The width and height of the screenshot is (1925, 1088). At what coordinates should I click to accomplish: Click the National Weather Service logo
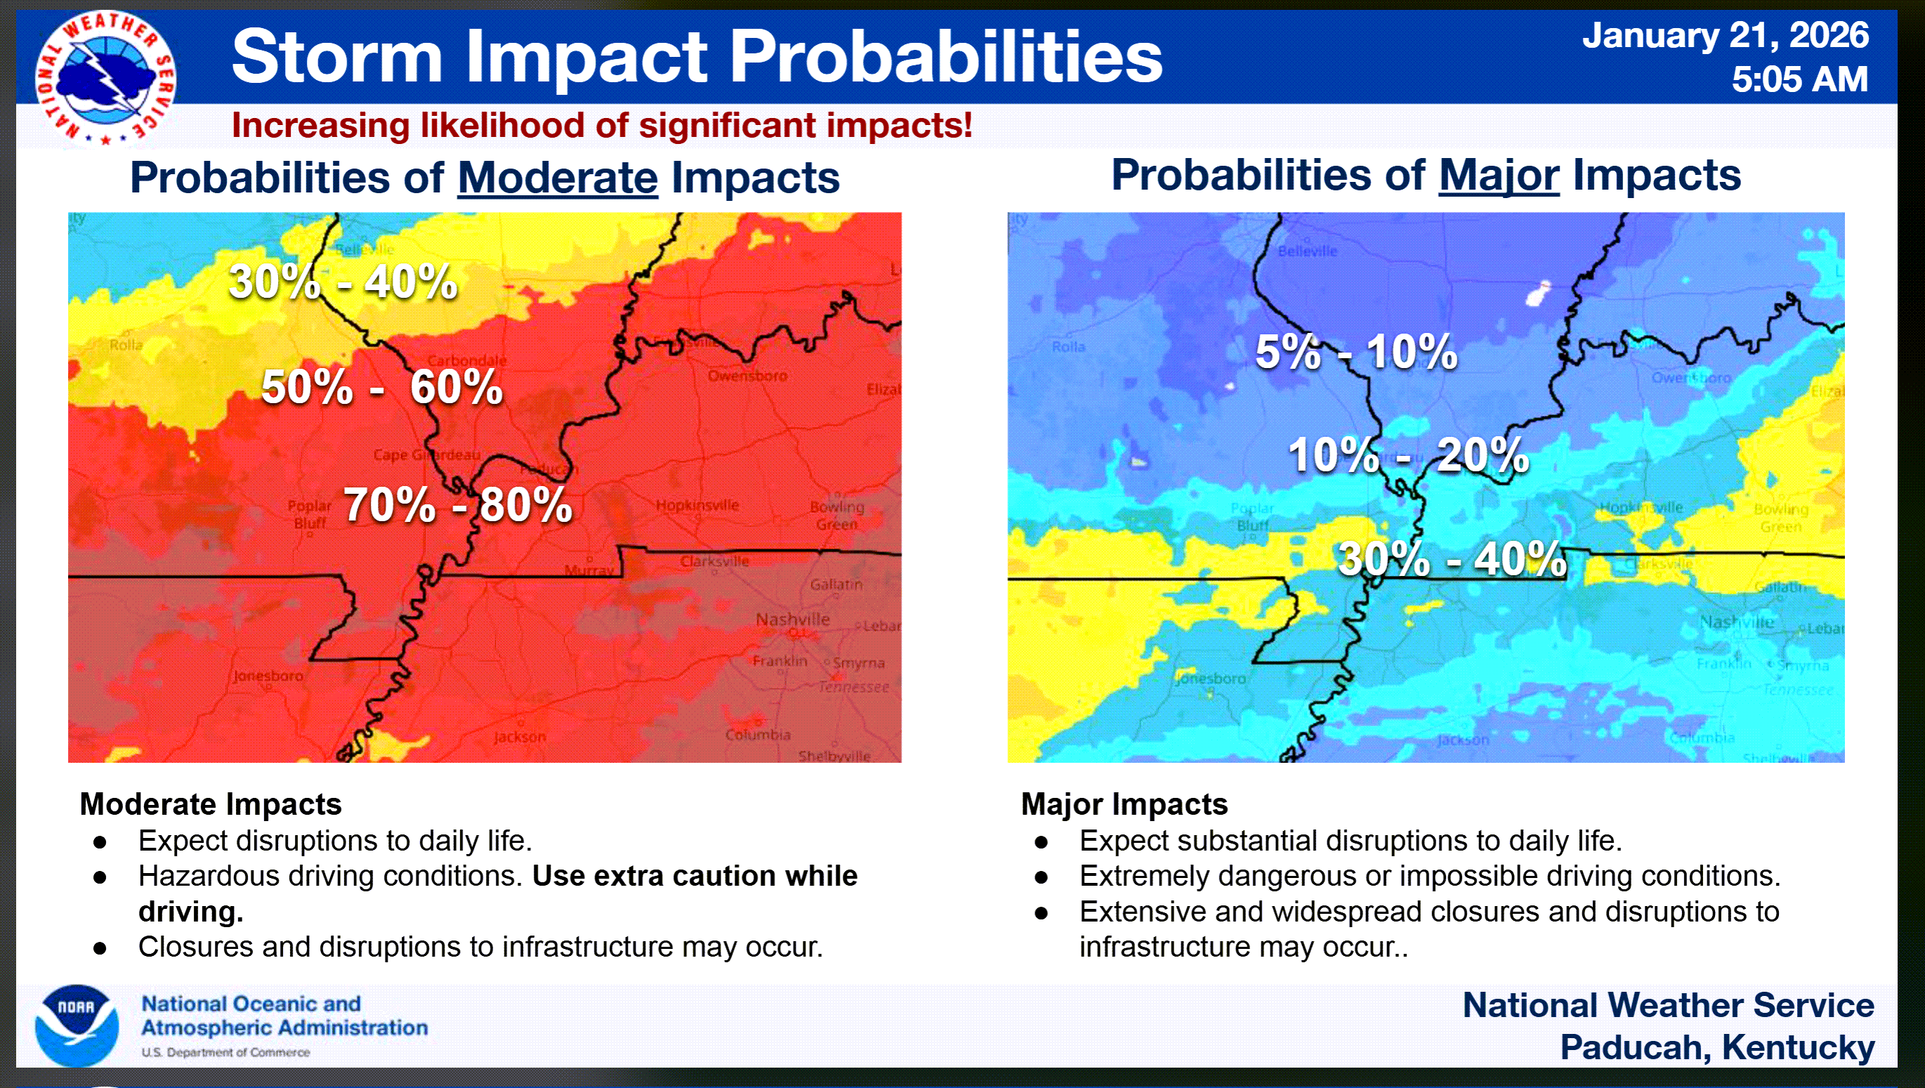[105, 78]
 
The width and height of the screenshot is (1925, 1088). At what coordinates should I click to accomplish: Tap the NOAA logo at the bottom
[77, 1025]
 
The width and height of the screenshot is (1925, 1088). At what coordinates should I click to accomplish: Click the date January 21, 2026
[1726, 35]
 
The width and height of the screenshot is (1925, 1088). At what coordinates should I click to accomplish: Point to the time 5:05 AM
[1799, 79]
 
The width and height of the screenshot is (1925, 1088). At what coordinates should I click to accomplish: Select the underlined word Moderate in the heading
[558, 178]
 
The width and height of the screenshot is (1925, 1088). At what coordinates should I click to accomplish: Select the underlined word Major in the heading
[1498, 176]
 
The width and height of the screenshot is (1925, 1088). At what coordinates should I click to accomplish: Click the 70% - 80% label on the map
[458, 504]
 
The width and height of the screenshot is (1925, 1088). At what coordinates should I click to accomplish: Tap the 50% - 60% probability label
[382, 387]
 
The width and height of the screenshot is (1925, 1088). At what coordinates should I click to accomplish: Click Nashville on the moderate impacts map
[792, 620]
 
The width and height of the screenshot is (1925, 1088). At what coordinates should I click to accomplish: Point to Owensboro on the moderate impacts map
[747, 376]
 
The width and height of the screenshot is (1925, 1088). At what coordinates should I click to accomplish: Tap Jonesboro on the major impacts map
[1210, 679]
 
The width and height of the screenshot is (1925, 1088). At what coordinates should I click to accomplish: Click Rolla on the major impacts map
[1068, 347]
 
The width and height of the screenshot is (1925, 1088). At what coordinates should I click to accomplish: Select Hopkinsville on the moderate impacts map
[697, 505]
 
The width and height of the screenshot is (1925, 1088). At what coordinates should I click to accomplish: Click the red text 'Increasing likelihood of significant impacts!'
[602, 125]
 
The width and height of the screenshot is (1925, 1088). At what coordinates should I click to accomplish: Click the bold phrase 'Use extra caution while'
[695, 876]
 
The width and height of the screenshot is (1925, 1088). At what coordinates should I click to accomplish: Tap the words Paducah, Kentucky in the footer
[1716, 1048]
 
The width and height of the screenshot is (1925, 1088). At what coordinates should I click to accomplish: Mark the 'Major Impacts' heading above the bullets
[1124, 804]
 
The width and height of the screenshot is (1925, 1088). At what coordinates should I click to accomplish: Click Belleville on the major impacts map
[1307, 251]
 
